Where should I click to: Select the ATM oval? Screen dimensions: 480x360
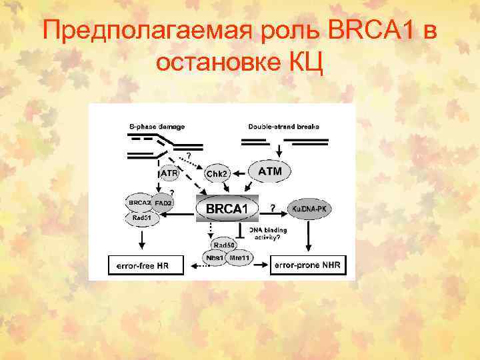pos(269,171)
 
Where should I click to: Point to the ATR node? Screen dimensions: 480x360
pos(169,173)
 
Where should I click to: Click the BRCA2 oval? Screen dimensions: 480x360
pos(139,202)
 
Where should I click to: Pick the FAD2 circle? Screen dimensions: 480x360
pos(164,203)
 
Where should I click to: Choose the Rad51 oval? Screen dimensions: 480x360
pos(140,217)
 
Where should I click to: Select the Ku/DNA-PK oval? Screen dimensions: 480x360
pos(308,209)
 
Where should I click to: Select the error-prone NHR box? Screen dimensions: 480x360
pos(308,265)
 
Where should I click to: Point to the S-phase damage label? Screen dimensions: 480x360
pos(157,125)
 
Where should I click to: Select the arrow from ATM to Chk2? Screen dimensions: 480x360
pos(240,172)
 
